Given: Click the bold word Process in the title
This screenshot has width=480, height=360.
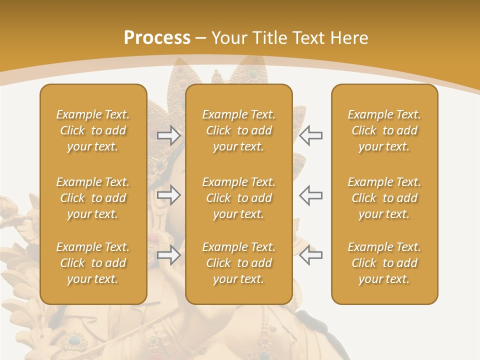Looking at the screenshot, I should point(157,38).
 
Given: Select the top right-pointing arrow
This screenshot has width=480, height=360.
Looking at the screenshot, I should point(168,135).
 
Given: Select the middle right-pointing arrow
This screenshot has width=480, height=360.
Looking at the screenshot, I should point(168,195).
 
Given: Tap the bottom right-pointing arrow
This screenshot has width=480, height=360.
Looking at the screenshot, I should point(168,255).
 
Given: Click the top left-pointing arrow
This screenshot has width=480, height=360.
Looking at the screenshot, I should point(311,135).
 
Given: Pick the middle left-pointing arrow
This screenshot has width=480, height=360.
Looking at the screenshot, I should point(311,195).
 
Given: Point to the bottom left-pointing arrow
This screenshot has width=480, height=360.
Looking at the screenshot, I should point(311,255).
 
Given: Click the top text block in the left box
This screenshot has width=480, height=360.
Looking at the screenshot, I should point(93,130).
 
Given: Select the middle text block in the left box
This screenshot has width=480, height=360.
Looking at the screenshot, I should point(93,198).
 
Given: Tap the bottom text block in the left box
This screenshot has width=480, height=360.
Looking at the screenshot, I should point(93,263).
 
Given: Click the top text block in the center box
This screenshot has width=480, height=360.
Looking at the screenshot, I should point(238,130).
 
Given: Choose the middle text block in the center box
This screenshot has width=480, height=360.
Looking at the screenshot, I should point(238,198).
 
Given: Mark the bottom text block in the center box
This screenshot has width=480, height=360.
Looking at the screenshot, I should point(238,263).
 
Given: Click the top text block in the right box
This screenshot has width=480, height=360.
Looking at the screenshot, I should point(384,130).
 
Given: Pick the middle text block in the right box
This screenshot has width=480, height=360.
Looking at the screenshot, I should point(384,198).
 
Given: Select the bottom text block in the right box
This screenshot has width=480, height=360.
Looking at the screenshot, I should point(384,263).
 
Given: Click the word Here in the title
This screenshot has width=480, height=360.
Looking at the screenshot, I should point(349,38).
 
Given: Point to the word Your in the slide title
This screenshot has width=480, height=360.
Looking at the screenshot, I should point(227,38).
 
